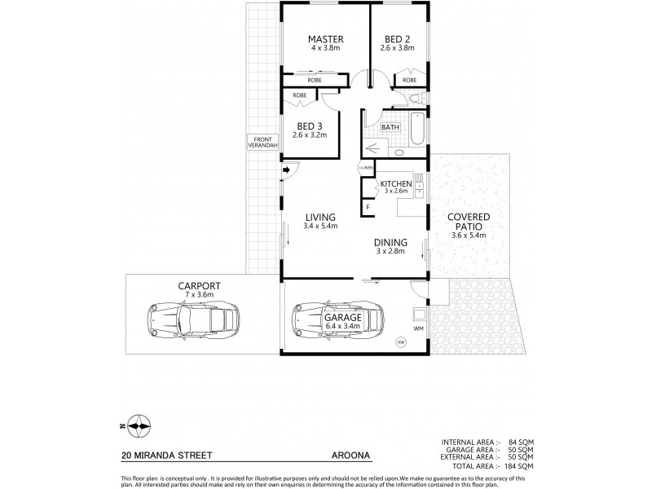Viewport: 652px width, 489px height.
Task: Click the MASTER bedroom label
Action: [325, 39]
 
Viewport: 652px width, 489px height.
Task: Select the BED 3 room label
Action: [311, 126]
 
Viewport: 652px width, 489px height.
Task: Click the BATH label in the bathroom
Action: [390, 127]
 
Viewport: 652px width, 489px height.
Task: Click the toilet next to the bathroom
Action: [415, 99]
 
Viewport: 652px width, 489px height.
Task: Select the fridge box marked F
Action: [368, 207]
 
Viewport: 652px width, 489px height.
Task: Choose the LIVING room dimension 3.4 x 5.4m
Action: [321, 226]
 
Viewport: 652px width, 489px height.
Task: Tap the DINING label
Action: [390, 242]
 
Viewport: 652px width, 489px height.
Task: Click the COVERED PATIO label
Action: [468, 222]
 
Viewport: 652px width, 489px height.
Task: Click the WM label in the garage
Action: [420, 328]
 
